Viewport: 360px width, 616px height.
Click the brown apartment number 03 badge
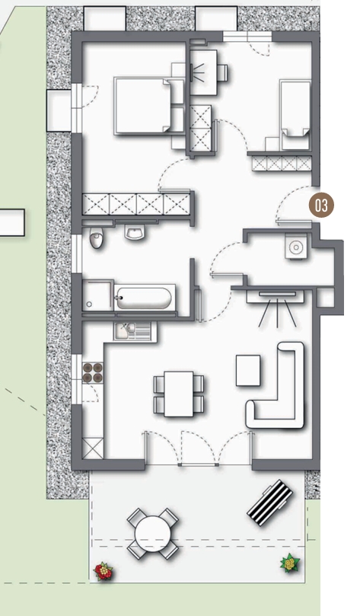pos(321,205)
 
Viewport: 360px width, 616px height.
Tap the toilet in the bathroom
pos(96,238)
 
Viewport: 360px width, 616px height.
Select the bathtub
pos(144,298)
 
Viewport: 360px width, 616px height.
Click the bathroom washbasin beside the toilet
pos(135,231)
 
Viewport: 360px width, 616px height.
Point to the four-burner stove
pos(93,373)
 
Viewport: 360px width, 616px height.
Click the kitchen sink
pos(135,331)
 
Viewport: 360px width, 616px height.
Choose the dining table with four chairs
pos(179,394)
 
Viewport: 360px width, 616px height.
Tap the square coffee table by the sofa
pos(248,371)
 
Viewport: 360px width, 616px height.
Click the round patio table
pos(153,534)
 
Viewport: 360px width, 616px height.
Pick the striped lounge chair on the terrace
pos(269,503)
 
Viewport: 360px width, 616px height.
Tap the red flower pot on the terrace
pos(104,571)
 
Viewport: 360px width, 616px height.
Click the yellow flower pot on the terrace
pos(290,563)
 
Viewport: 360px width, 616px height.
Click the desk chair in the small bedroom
pos(222,72)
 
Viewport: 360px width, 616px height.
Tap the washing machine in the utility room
pos(296,246)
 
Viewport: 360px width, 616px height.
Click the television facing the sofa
pos(277,294)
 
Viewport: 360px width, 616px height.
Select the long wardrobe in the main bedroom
pos(136,204)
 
